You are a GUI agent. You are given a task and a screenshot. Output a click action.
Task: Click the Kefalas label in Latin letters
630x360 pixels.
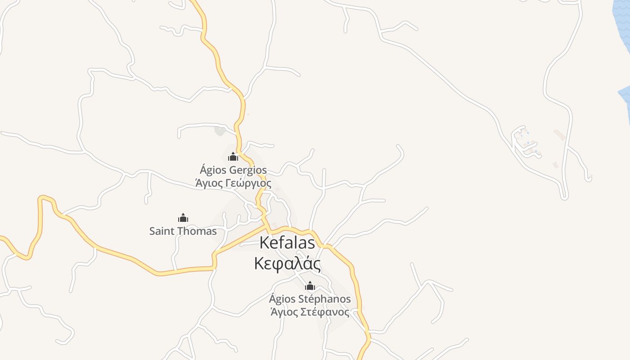288,243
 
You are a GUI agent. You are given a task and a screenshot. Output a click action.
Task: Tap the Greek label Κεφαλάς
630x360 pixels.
288,264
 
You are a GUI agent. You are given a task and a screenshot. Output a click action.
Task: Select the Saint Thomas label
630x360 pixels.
183,231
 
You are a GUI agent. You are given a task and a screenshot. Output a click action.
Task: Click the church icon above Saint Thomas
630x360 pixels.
183,218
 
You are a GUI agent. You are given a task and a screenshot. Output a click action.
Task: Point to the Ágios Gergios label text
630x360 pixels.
233,171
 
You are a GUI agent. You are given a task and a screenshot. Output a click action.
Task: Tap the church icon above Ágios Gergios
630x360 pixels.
233,157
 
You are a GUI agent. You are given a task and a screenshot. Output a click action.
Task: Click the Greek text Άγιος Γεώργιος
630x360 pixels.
233,183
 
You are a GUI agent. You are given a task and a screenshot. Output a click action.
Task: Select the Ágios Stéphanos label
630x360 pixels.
310,299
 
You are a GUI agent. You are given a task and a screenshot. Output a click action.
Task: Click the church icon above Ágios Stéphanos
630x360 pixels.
310,286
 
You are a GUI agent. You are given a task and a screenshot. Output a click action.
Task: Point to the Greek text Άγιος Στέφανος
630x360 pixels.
310,311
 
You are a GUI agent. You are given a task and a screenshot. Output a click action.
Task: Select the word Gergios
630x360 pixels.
248,171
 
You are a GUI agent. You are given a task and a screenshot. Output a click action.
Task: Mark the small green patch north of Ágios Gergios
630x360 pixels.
220,131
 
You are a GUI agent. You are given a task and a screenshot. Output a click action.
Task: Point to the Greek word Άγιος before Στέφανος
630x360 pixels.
282,311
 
